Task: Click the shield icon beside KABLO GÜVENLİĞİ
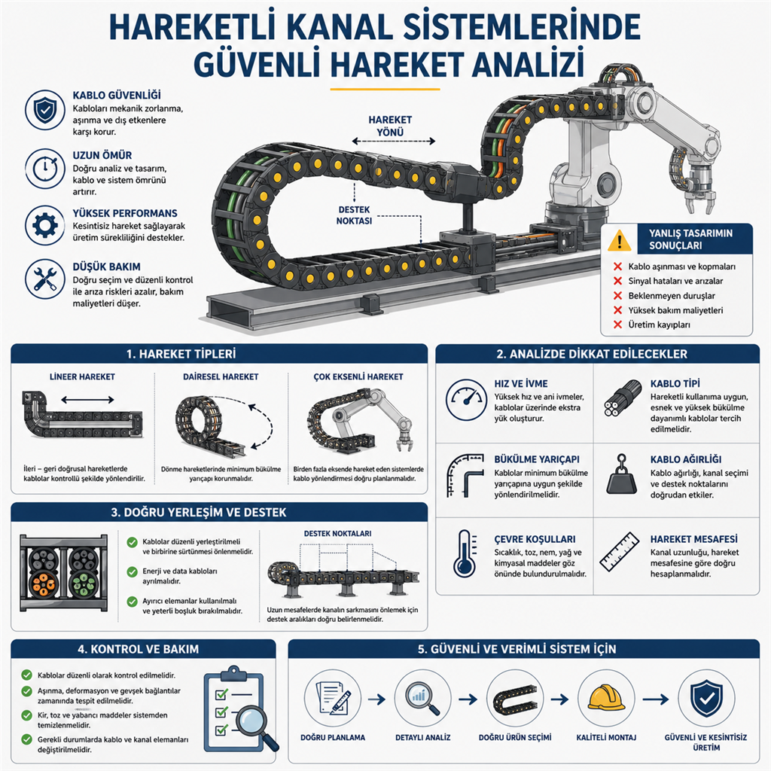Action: [44, 110]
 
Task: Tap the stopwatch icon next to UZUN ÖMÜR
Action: [44, 169]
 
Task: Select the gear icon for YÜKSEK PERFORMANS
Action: [44, 225]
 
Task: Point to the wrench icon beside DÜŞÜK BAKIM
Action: [44, 279]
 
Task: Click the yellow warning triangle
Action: [619, 240]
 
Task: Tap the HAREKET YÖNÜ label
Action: [390, 126]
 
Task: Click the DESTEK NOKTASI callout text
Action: [354, 215]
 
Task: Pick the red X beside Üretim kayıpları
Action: [617, 325]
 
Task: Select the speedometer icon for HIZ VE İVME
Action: [466, 399]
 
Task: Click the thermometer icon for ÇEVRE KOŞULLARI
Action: [465, 553]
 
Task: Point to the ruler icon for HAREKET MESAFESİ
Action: [620, 552]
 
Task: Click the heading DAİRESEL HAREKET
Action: [221, 376]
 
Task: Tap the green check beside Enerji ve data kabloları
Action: [133, 572]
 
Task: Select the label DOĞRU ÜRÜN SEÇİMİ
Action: [515, 737]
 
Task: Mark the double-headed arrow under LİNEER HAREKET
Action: [87, 399]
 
